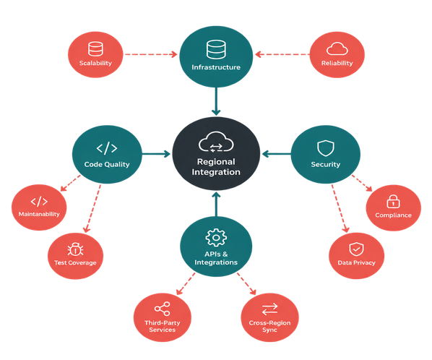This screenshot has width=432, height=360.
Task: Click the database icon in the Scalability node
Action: coord(95,48)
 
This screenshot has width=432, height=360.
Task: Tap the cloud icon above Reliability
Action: coord(337,48)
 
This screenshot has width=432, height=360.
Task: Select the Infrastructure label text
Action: coord(216,67)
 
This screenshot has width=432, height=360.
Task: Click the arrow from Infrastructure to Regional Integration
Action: coord(216,101)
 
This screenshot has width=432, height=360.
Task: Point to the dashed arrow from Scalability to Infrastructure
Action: coord(151,54)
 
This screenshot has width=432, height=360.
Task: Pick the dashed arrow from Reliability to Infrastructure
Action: coord(282,54)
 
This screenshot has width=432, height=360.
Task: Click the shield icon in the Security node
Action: coord(325,148)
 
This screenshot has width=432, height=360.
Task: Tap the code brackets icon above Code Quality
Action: coord(107,148)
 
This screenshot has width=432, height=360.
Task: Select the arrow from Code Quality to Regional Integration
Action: coord(156,154)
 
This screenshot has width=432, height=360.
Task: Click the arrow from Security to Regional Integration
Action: coord(277,154)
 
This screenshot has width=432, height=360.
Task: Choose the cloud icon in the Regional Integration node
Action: coord(216,142)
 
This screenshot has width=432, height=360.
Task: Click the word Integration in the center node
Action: coord(216,172)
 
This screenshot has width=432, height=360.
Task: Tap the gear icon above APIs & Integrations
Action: coord(216,237)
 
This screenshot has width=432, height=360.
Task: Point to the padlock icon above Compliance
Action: coord(393,201)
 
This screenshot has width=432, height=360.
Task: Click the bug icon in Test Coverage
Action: coord(75,249)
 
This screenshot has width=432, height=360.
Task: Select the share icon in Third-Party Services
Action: coord(163,309)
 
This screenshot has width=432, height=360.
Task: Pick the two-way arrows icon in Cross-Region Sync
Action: coord(269,309)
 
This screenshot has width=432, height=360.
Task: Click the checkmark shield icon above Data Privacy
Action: coord(356,249)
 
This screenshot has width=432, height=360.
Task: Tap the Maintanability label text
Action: coord(39,214)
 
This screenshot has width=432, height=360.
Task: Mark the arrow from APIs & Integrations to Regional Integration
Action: coord(216,205)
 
